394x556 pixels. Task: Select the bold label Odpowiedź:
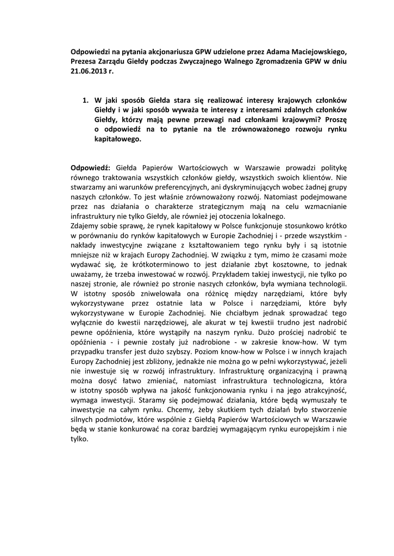pyautogui.click(x=91, y=168)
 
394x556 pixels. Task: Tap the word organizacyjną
pyautogui.click(x=278, y=373)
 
